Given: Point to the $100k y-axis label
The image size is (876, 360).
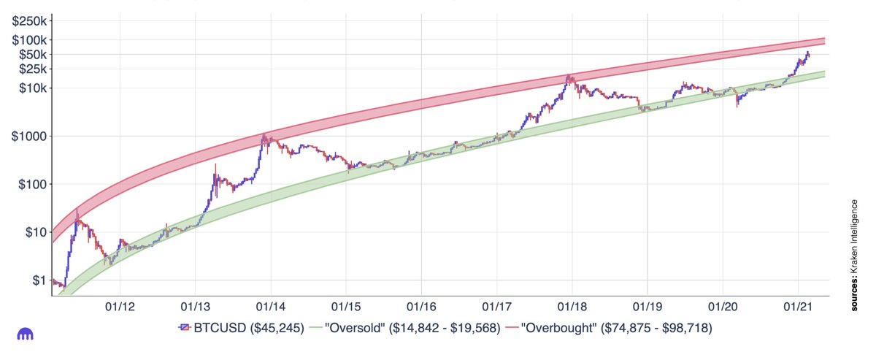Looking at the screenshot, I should pyautogui.click(x=29, y=40).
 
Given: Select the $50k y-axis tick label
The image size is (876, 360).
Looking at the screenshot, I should pyautogui.click(x=32, y=55).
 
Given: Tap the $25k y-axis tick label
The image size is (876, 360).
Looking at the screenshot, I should pyautogui.click(x=32, y=69).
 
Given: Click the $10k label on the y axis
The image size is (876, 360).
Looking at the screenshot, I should pyautogui.click(x=32, y=88).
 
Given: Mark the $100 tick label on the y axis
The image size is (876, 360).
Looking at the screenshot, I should pyautogui.click(x=32, y=184).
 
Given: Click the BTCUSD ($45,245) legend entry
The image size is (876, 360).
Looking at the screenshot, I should pyautogui.click(x=239, y=329).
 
